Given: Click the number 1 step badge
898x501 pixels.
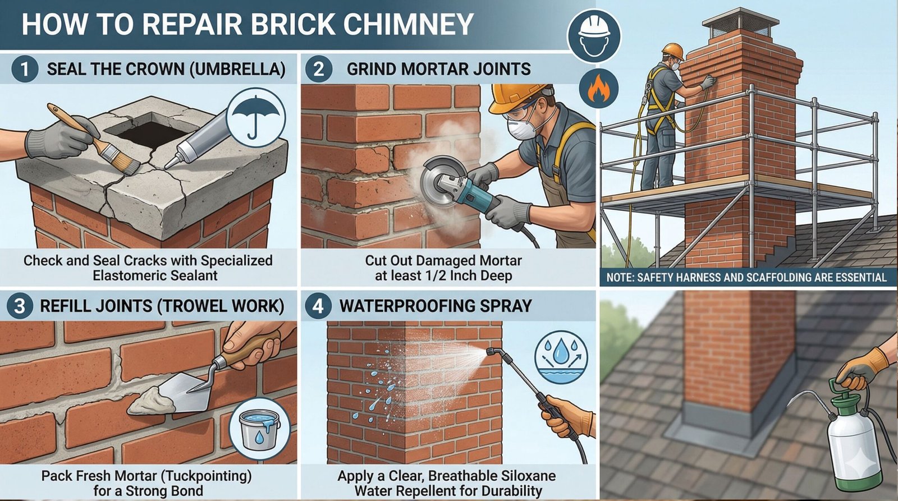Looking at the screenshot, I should click(25, 69).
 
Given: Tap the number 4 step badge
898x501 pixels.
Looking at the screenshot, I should click(318, 306).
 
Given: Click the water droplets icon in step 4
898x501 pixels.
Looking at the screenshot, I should click(561, 357).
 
